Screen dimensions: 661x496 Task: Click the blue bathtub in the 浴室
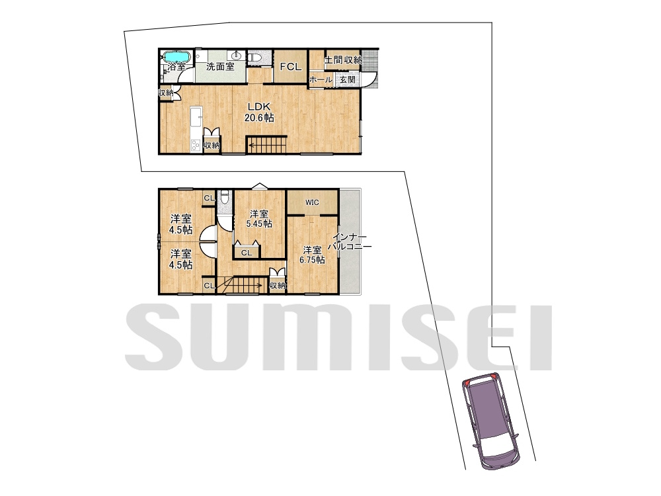(177, 56)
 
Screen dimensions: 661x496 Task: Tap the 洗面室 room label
(220, 66)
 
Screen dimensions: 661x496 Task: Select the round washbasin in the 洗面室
(237, 55)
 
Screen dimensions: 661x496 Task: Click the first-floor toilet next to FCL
(255, 57)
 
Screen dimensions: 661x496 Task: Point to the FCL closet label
(291, 67)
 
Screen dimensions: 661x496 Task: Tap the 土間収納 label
(342, 60)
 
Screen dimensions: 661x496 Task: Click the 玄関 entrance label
(348, 79)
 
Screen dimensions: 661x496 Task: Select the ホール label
(321, 79)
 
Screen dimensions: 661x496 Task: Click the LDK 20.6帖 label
(259, 112)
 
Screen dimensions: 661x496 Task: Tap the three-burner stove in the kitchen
(196, 145)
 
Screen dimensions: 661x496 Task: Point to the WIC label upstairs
(312, 202)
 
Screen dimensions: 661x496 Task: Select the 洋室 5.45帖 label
(259, 218)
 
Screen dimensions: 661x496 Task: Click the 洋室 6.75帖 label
(312, 255)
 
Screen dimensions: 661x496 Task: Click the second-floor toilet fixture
(225, 198)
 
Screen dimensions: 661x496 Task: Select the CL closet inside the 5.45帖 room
(247, 253)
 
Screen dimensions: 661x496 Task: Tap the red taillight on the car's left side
(467, 383)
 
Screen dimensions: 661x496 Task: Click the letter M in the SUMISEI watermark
(322, 337)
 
